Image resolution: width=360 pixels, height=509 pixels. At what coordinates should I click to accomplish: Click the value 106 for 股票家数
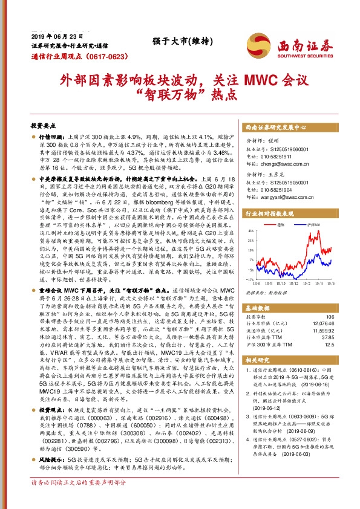coord(330,316)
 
